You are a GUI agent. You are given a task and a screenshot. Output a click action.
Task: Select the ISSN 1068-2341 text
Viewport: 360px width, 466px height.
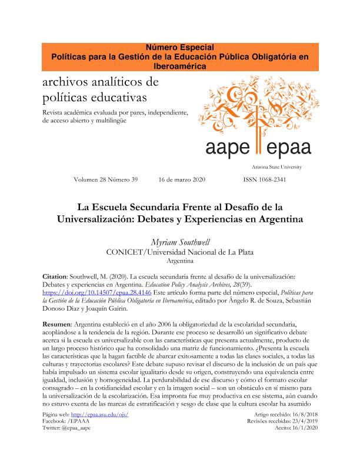pos(264,179)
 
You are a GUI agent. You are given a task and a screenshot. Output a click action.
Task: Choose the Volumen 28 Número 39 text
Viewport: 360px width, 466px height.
pos(105,179)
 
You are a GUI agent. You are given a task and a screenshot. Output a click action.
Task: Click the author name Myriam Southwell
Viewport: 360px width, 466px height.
pos(179,241)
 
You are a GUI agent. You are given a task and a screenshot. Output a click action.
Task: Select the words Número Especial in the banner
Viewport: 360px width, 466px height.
pos(179,46)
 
